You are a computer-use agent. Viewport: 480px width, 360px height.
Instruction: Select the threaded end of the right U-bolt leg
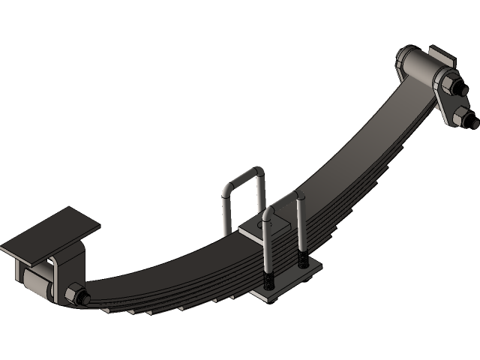pyautogui.click(x=303, y=259)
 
